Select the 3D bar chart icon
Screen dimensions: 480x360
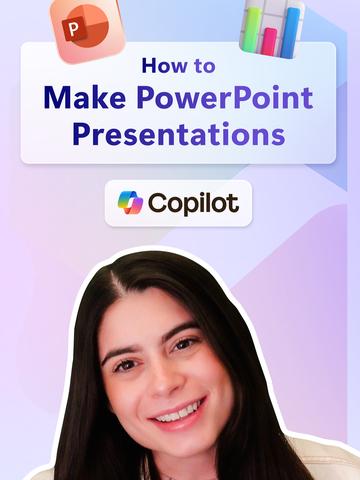271,27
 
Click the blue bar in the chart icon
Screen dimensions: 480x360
289,30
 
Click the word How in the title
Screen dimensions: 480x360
162,67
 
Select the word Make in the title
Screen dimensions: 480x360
80,98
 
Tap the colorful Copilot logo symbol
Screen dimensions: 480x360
130,203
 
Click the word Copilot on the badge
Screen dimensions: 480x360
193,203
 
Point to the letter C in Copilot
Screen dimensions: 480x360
157,203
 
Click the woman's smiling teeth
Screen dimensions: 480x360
177,411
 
